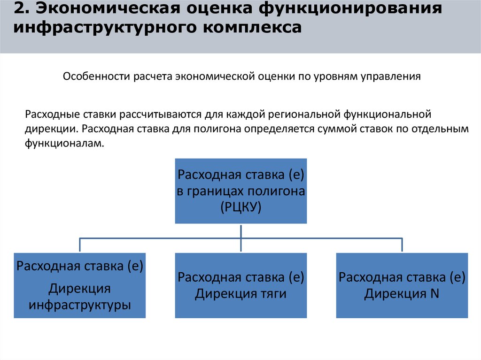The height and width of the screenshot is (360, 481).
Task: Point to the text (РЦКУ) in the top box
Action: coord(240,207)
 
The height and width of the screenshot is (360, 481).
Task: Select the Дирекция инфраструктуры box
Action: coord(79,285)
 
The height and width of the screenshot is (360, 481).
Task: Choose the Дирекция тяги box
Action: coord(240,285)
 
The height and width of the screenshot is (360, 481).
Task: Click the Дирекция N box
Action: coord(402,285)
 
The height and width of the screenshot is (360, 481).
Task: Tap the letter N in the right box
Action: coord(434,294)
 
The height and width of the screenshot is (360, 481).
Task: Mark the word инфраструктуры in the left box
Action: coord(79,305)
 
